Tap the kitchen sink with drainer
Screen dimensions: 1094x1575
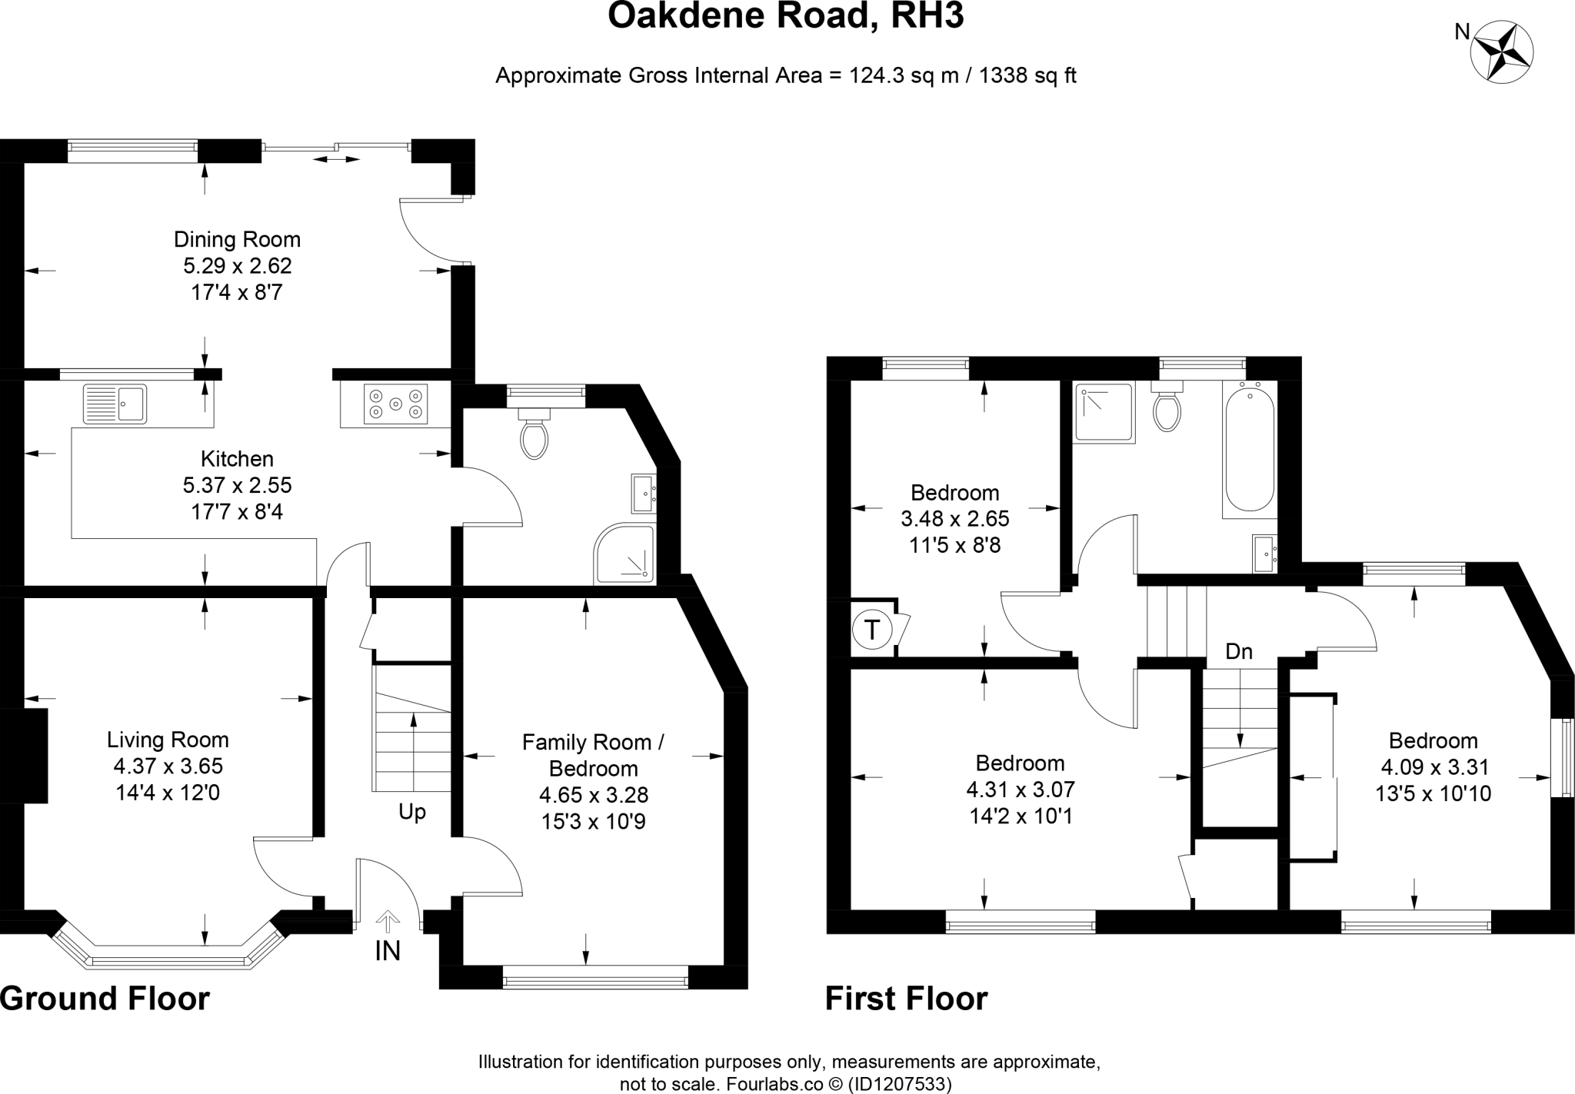115,404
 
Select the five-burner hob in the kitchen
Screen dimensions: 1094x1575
396,404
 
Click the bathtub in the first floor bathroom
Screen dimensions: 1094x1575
1250,450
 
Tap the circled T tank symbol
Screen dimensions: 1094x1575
871,630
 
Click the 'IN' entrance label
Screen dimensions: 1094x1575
388,951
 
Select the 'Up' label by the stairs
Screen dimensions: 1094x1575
412,812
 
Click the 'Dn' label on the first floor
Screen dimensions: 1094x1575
1239,652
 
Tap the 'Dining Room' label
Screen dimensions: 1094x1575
237,239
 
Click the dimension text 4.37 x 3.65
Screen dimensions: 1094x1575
168,766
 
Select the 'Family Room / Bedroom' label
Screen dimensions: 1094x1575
593,755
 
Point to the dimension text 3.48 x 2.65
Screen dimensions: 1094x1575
955,518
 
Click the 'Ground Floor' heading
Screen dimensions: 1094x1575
105,999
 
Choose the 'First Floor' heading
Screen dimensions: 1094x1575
906,999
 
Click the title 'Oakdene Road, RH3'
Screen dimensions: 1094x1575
785,16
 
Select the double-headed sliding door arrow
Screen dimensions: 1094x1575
337,159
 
